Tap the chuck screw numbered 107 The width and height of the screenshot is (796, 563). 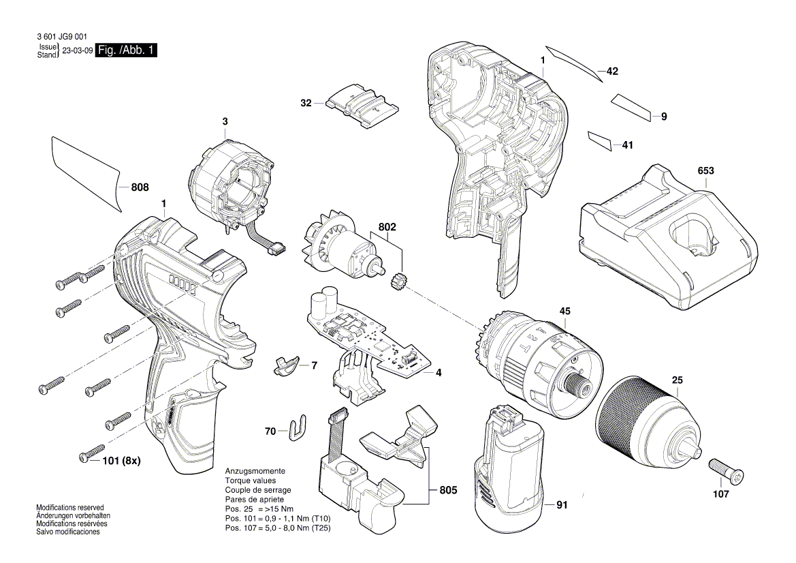727,470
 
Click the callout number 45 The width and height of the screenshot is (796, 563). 565,311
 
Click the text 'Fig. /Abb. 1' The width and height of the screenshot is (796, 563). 127,50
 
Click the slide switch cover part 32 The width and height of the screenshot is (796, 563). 362,106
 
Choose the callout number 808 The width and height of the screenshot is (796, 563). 139,187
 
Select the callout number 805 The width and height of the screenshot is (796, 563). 447,490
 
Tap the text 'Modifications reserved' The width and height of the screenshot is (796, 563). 70,508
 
